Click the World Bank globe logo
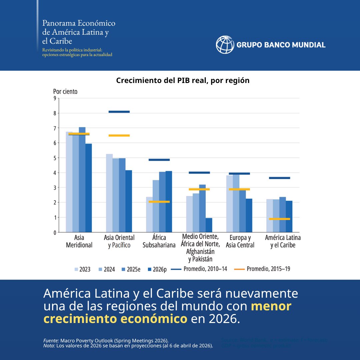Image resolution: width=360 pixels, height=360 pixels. point(225,45)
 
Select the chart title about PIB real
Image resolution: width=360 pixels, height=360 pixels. point(183,81)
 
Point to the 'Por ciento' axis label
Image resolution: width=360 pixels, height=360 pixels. point(65,91)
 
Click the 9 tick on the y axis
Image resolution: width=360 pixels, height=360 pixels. point(55,98)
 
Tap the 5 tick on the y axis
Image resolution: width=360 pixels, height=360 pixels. point(55,158)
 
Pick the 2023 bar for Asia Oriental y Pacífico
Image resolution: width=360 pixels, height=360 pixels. point(109,193)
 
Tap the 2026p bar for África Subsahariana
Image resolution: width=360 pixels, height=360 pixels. point(169,201)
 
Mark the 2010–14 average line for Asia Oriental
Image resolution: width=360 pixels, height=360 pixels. point(119,112)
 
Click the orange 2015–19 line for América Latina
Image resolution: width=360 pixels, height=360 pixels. point(279,219)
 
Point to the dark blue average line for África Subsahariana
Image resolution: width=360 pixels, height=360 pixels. point(159,160)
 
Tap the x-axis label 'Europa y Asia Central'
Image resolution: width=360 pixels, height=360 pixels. point(240,241)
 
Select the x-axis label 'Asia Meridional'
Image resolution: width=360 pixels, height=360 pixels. point(79,241)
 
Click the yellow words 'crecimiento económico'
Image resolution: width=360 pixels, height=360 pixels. point(115,319)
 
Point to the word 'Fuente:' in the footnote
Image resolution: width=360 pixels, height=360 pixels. point(51,340)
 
